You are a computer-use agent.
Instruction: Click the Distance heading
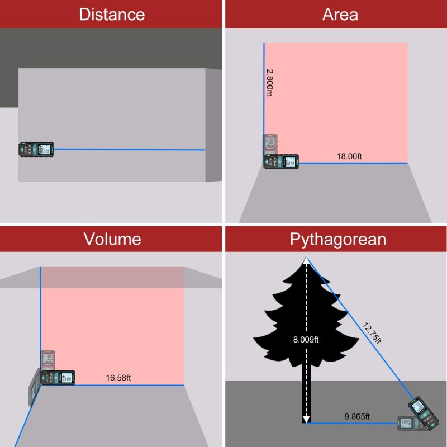[112, 14]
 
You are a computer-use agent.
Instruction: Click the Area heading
[340, 14]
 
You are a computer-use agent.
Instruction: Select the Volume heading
[112, 239]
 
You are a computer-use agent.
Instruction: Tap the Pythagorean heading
[337, 239]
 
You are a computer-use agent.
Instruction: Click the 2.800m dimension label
[269, 83]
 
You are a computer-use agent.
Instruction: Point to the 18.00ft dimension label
[349, 156]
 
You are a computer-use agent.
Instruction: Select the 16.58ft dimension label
[118, 378]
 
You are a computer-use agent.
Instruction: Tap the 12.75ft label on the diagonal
[372, 333]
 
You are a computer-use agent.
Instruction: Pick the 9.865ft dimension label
[358, 416]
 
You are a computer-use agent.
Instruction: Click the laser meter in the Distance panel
[37, 149]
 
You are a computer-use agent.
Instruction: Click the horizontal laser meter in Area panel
[282, 162]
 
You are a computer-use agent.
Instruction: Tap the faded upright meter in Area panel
[270, 144]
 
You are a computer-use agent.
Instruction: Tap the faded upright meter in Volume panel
[47, 359]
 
